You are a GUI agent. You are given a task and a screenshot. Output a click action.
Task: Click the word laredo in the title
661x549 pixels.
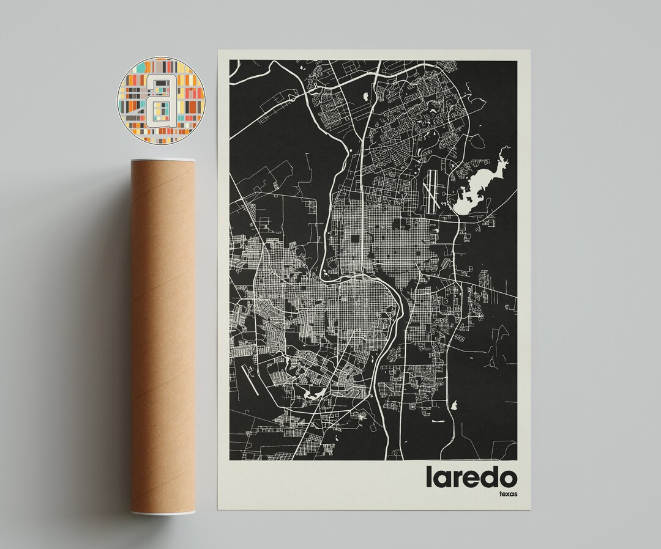click(471, 477)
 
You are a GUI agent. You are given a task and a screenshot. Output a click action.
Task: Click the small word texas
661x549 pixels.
click(507, 493)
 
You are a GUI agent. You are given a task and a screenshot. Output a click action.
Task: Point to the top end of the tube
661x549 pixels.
click(163, 160)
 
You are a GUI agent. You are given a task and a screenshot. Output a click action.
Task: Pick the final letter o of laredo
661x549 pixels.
click(507, 478)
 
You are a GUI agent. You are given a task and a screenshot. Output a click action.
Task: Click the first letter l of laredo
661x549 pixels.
click(429, 477)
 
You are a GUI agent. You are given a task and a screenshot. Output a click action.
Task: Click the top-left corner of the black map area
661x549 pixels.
click(230, 61)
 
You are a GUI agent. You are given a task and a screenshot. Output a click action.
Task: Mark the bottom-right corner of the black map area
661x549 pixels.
click(517, 460)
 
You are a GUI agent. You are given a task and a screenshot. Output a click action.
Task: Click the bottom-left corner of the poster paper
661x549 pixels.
click(218, 510)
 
